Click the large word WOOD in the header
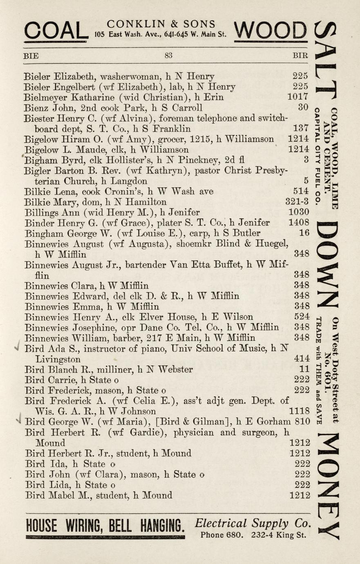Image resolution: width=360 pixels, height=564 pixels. (x=271, y=31)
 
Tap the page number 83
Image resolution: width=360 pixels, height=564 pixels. (x=168, y=56)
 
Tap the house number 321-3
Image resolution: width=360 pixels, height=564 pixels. (x=297, y=202)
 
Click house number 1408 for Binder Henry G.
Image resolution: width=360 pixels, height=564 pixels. (x=298, y=223)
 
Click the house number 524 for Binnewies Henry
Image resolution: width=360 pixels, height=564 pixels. (x=302, y=317)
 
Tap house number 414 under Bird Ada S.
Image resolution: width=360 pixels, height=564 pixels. (x=302, y=359)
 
